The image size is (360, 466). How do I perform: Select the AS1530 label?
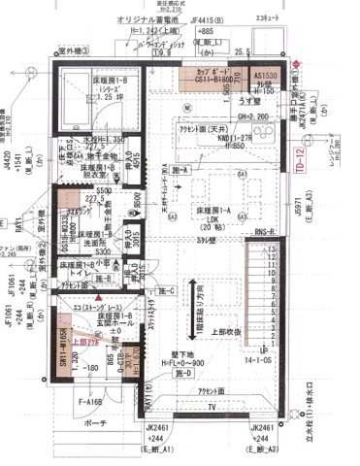(x=266, y=75)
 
